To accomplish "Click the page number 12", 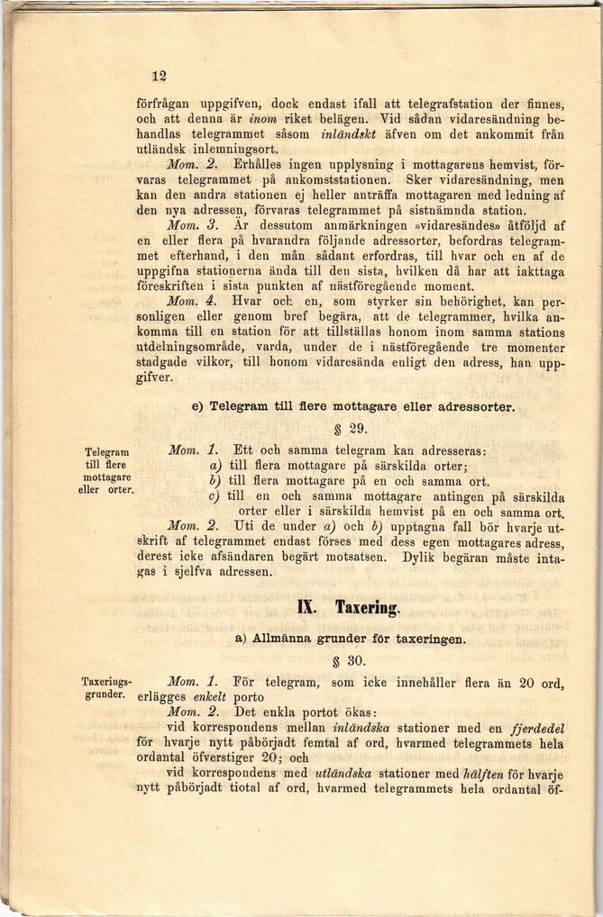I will tap(160, 77).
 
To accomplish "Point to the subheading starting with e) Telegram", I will tap(352, 407).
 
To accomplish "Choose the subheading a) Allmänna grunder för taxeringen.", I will tap(351, 639).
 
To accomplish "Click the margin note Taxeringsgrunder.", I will tap(106, 688).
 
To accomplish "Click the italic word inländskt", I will tap(352, 133).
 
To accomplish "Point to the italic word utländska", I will tap(340, 774).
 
